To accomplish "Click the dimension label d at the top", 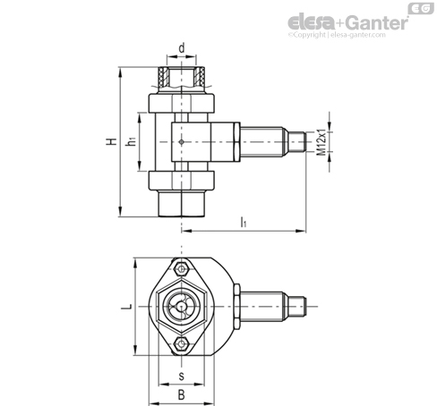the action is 182,48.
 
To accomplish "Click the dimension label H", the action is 112,141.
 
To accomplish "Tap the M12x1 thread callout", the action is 321,142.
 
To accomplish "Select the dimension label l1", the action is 244,222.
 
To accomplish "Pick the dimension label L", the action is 126,307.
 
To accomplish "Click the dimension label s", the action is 182,376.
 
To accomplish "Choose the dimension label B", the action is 182,395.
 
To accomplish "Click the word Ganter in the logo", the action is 378,22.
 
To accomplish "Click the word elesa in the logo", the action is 312,22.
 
